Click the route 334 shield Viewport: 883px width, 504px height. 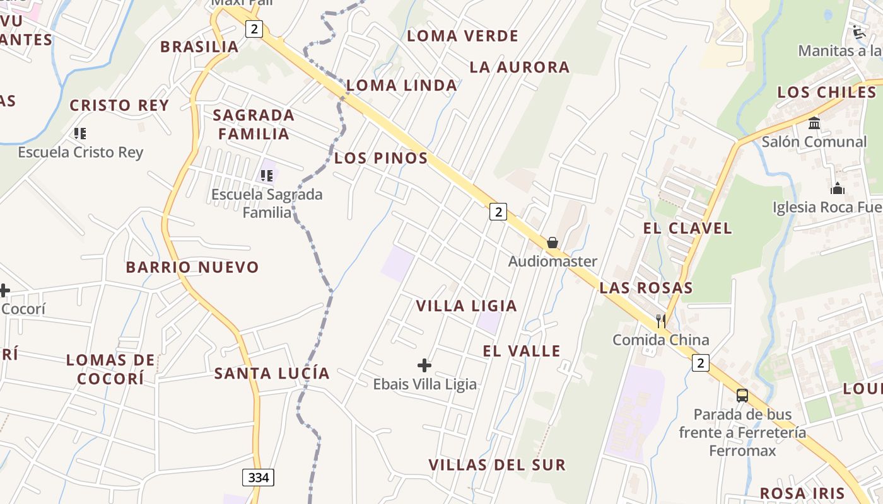[x=258, y=478]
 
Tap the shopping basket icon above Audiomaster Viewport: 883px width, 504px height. [x=553, y=243]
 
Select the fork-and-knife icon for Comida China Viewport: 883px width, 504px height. [x=660, y=320]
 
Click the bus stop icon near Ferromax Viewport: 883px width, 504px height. [x=742, y=396]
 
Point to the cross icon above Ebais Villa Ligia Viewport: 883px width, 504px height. [x=424, y=365]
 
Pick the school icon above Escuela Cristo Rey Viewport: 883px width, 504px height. [x=80, y=133]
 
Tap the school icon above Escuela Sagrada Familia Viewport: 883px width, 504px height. [x=266, y=175]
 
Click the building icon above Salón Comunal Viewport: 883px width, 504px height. [x=814, y=123]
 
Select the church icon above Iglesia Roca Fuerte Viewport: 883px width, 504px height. [x=837, y=188]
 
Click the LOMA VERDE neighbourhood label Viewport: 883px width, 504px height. [x=462, y=36]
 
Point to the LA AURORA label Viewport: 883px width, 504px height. [x=519, y=67]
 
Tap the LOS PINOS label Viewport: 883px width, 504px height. [x=381, y=158]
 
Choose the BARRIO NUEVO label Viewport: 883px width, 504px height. [x=192, y=267]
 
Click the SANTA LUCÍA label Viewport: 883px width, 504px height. [x=272, y=373]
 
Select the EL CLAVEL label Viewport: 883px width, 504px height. [x=687, y=228]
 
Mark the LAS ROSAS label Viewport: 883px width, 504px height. [x=646, y=288]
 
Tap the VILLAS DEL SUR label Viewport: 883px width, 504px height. [x=497, y=465]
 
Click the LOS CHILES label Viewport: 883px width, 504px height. [x=826, y=92]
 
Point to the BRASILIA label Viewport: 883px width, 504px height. [x=199, y=47]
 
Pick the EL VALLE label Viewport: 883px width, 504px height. [x=522, y=351]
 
